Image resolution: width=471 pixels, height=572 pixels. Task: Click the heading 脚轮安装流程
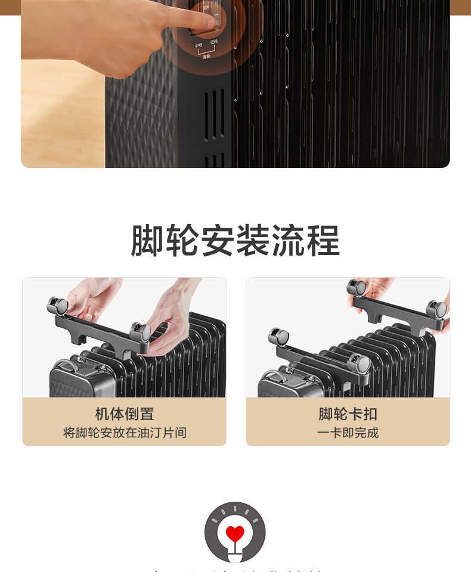pos(235,241)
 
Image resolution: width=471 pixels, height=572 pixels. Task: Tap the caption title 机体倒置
pos(124,414)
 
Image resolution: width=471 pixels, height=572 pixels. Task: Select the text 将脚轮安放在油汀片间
pos(124,433)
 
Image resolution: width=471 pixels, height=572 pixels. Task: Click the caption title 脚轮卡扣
pos(348,414)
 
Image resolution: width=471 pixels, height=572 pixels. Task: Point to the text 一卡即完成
pos(348,433)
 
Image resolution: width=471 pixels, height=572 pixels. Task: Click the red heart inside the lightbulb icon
pos(235,533)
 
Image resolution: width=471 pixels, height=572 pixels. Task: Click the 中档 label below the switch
pos(199,45)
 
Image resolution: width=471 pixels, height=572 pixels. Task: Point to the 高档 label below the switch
pos(206,57)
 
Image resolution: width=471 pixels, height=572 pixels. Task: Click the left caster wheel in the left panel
pos(58,306)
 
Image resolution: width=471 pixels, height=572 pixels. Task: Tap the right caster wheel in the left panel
pos(141,332)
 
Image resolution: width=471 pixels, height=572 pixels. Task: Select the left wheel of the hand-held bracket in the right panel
pos(357,288)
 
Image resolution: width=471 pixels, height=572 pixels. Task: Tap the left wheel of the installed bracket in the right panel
pos(278,337)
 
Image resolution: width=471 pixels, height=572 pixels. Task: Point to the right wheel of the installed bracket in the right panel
pos(359,363)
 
